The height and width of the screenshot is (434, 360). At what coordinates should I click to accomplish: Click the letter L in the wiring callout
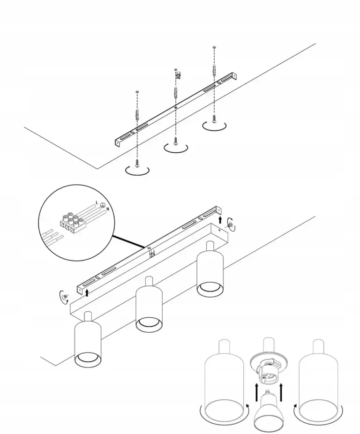coord(97,202)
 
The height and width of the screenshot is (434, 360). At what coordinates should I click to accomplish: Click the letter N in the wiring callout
coord(107,209)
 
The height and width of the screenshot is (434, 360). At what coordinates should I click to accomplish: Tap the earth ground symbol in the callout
coord(102,205)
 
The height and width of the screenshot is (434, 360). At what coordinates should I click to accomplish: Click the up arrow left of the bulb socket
coord(257,392)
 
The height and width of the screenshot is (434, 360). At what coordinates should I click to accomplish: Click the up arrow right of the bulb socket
coord(282,392)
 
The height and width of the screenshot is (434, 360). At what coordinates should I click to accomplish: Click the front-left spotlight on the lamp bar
coord(88,339)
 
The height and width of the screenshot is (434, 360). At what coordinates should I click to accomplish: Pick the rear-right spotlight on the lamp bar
coord(210,269)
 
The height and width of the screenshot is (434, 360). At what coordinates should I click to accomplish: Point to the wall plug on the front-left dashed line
coord(137,114)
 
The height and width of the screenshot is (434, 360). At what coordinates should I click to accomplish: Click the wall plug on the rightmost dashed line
coord(214,69)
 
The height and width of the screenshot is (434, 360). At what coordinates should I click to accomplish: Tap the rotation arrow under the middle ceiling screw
coord(176,149)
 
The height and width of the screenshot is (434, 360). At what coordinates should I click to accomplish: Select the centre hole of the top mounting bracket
coord(176,106)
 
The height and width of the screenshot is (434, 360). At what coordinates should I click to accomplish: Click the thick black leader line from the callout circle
coord(129,241)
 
